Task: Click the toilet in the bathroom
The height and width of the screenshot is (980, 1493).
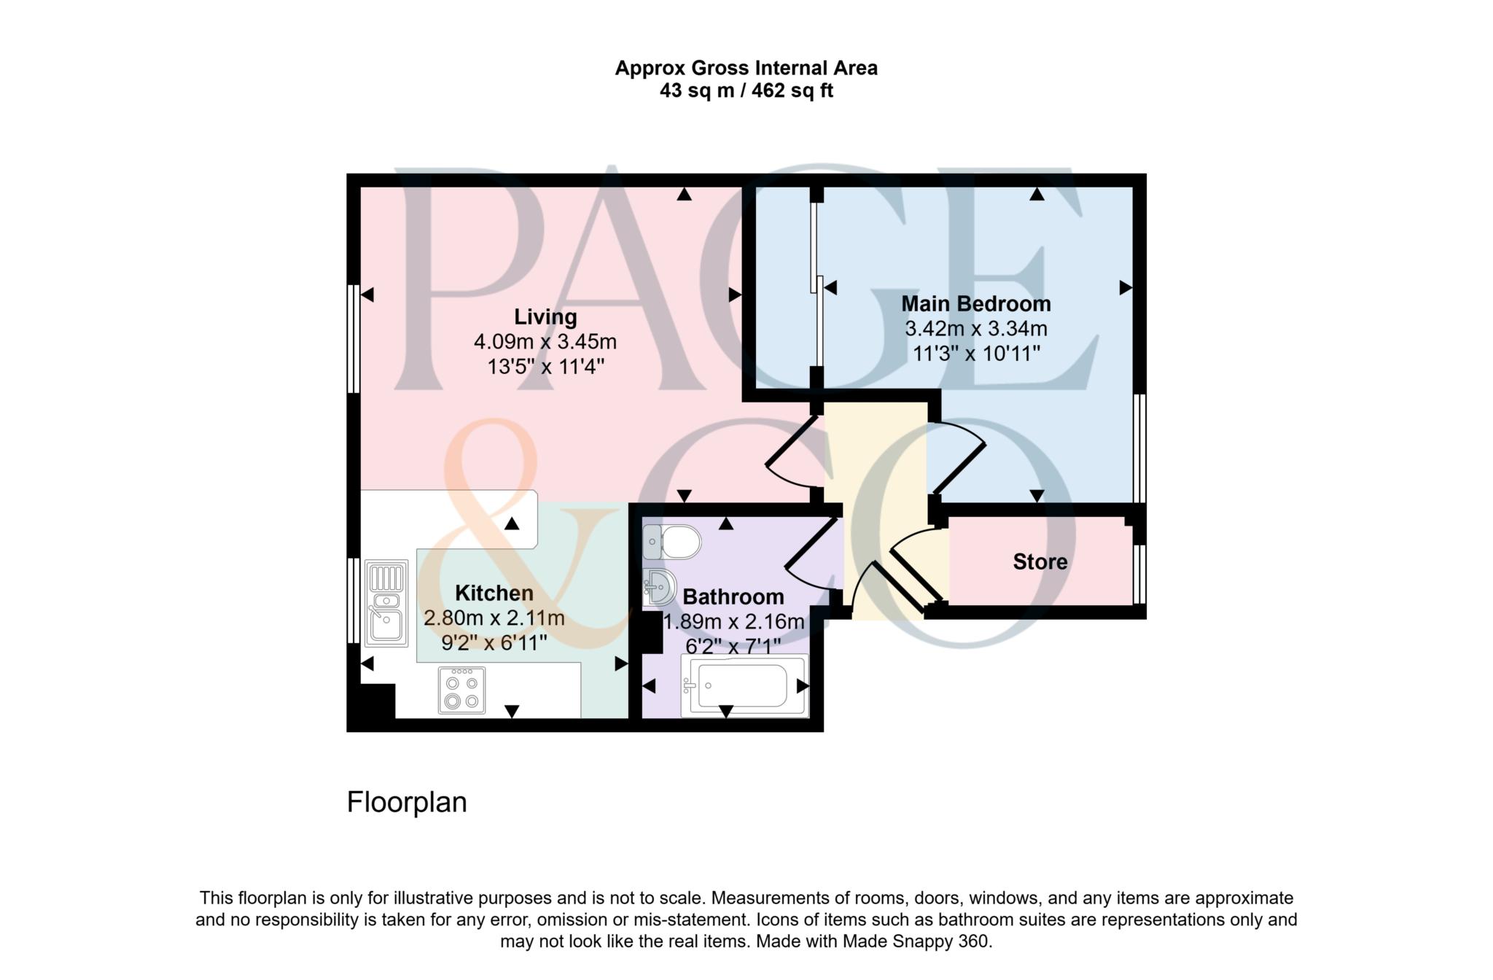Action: coord(671,542)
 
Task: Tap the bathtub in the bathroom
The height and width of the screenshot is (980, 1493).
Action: coord(744,685)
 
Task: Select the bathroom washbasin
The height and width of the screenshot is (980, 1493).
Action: coord(660,587)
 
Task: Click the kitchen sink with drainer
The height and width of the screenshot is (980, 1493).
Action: coord(386,603)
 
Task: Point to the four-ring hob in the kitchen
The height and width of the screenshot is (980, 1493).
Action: coord(461,691)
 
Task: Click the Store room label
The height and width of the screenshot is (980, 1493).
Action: coord(1040,561)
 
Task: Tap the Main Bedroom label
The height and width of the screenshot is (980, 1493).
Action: coord(976,303)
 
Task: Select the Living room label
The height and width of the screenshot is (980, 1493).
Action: coord(545,316)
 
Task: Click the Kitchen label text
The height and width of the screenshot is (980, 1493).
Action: coord(494,593)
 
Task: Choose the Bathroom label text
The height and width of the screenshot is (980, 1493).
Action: coord(733,596)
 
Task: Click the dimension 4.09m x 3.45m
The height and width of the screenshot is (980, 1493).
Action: coord(545,341)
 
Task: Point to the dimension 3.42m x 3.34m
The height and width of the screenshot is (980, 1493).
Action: coord(976,329)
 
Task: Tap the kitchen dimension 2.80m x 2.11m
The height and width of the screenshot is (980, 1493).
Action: coord(494,618)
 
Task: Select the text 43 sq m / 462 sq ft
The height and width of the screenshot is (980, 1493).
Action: coord(746,91)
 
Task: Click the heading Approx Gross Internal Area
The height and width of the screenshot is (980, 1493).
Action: coord(746,68)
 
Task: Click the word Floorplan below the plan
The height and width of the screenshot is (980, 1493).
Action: coord(407,802)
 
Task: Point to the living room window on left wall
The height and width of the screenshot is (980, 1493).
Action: coord(353,339)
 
